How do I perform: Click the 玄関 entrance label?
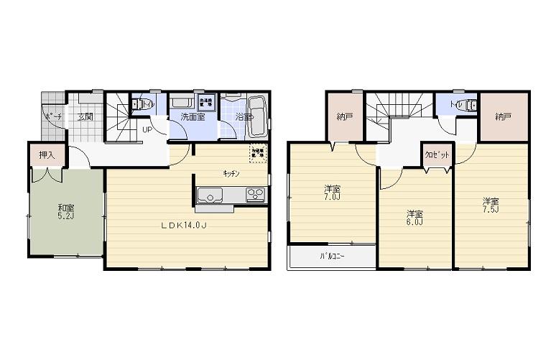(85, 116)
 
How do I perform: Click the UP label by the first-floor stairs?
(146, 130)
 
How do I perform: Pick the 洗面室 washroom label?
(193, 116)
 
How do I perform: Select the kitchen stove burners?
(255, 194)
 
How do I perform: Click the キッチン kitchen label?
(231, 173)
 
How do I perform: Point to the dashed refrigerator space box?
(256, 152)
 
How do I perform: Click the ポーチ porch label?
(52, 116)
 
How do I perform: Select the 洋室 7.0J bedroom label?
(332, 192)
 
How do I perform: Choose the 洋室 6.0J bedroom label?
(414, 217)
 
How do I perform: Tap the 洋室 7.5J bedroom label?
(491, 205)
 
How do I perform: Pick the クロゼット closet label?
(434, 154)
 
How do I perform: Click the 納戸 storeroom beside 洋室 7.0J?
(344, 116)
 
